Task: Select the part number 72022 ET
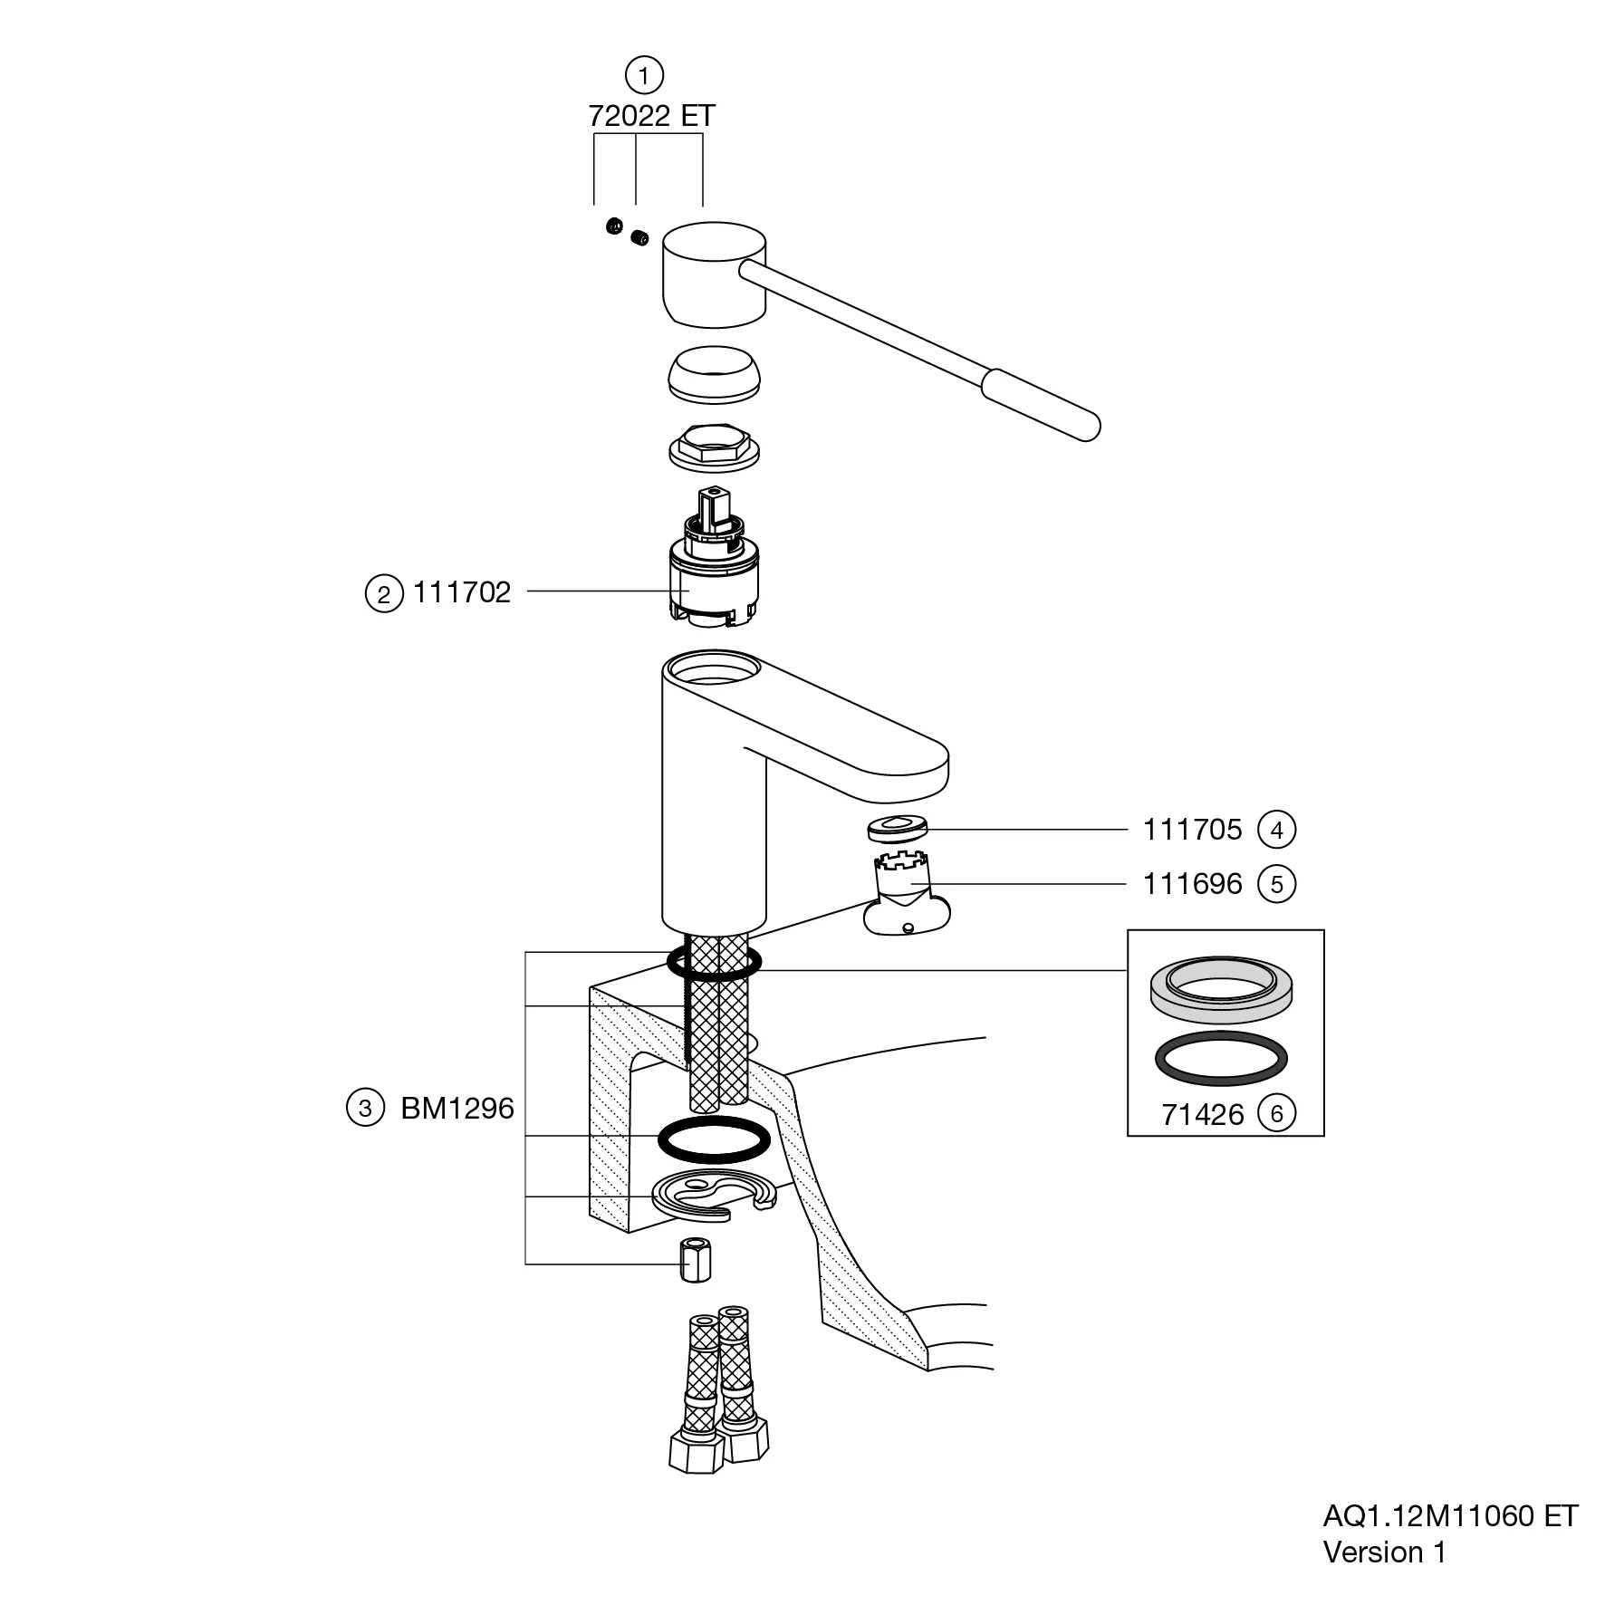tap(651, 116)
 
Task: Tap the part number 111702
tap(462, 592)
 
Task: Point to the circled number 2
tap(384, 594)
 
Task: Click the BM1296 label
tap(457, 1109)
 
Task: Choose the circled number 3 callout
tap(365, 1109)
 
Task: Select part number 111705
tap(1192, 830)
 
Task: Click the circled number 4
tap(1277, 830)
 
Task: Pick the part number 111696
tap(1192, 883)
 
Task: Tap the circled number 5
tap(1277, 884)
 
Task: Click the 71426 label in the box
tap(1203, 1115)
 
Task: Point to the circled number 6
tap(1277, 1113)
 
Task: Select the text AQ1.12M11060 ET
tap(1450, 1515)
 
